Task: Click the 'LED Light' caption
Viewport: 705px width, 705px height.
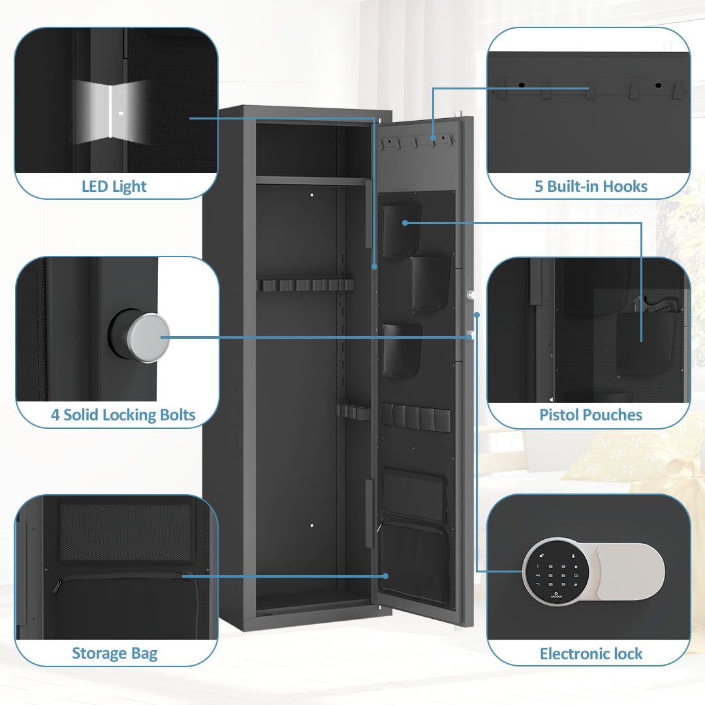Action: click(114, 187)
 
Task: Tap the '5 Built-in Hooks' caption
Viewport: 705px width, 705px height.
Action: click(591, 187)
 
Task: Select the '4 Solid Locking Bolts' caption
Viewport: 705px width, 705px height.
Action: click(123, 415)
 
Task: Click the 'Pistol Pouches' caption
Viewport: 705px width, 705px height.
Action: click(591, 415)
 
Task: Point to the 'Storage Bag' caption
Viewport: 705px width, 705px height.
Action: click(114, 653)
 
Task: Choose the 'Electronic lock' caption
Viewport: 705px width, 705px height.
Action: click(591, 653)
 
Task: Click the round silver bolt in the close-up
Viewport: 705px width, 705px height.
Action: click(148, 337)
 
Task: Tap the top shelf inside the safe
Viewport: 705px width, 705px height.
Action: click(309, 181)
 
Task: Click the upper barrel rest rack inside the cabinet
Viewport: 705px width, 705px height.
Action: click(305, 285)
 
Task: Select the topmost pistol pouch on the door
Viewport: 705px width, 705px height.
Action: click(399, 230)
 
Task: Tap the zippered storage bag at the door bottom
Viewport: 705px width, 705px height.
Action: click(414, 558)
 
